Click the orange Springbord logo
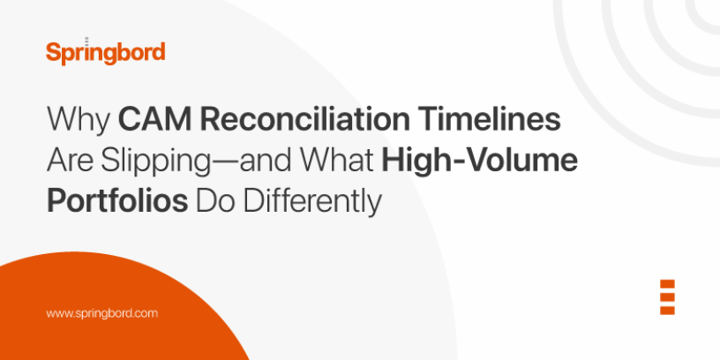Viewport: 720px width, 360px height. pos(105,52)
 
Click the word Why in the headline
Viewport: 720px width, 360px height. pos(77,121)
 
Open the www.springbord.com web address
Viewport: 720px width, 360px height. pos(101,313)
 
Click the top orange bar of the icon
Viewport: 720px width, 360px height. pos(667,284)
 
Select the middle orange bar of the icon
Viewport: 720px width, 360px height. pos(667,296)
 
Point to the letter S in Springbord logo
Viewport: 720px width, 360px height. pos(53,52)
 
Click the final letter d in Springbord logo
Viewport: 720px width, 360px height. pos(158,51)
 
